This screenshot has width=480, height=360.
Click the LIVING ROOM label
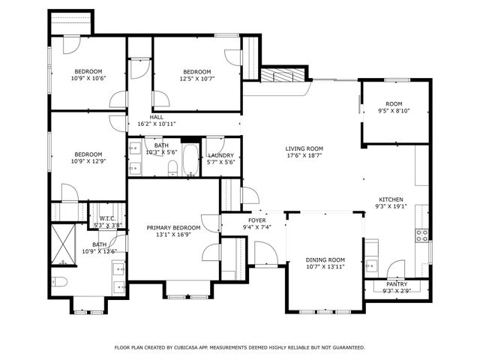coord(304,148)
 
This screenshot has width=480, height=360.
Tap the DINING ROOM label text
coord(325,259)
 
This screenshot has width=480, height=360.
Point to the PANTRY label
coord(397,284)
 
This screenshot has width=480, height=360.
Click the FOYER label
coord(256,220)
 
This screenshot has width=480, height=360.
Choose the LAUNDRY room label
coord(220,154)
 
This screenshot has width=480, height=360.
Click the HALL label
coord(157,117)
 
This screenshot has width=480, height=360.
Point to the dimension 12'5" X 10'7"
coord(197,78)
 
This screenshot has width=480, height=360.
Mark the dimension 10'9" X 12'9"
coord(88,160)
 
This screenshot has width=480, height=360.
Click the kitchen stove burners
coord(422,238)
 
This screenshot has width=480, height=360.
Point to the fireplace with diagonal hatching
coord(284,76)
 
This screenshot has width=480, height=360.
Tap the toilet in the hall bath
coord(172,167)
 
